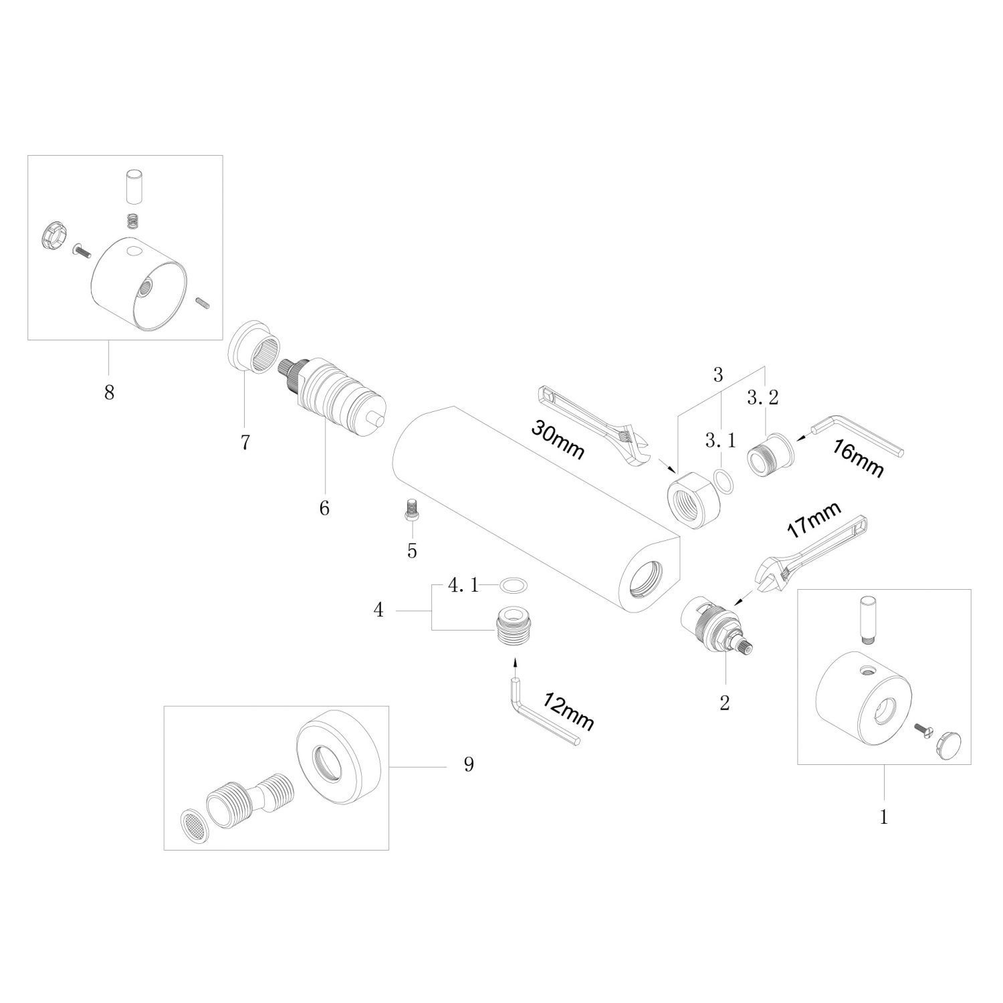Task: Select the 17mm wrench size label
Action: point(812,521)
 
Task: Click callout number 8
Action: point(109,392)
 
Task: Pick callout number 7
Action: point(245,443)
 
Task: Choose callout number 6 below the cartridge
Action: point(324,508)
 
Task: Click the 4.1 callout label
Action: point(463,586)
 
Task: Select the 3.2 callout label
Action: point(763,399)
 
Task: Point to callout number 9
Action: point(469,764)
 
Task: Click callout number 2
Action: point(724,703)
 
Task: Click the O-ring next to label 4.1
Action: point(514,586)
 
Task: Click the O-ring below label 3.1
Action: point(723,479)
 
